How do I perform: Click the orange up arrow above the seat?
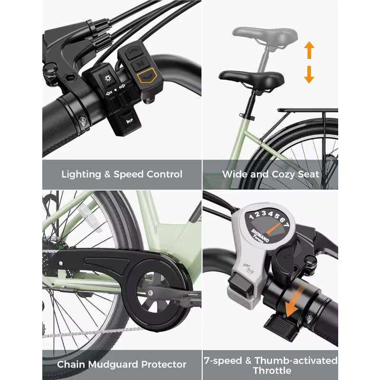pyautogui.click(x=309, y=50)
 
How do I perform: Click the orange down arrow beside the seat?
pyautogui.click(x=309, y=75)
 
